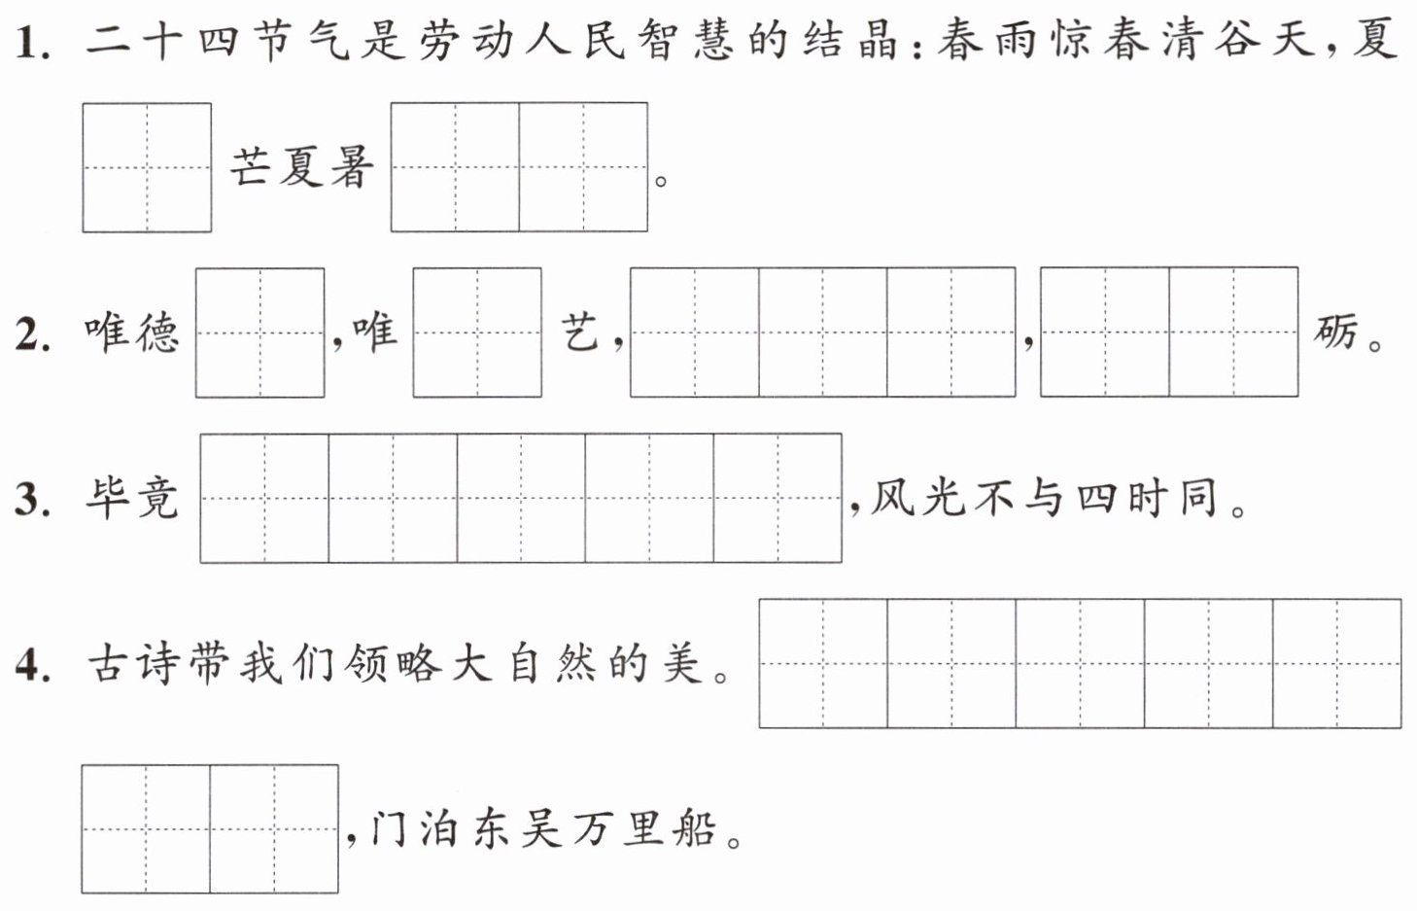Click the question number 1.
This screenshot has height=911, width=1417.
[33, 43]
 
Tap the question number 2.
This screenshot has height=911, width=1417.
[33, 334]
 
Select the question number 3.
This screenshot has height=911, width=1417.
[33, 500]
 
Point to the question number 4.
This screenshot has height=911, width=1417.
[33, 666]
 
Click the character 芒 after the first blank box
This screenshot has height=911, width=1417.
[251, 168]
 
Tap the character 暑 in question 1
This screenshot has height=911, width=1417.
[352, 168]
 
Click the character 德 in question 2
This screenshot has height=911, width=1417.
[158, 333]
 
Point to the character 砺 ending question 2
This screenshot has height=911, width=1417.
[1334, 333]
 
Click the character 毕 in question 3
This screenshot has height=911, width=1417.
[108, 499]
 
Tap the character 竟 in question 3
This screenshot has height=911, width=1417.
[158, 499]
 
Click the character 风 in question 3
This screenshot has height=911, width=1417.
[892, 499]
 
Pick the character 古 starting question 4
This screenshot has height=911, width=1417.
[109, 664]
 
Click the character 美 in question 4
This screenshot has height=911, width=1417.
[683, 664]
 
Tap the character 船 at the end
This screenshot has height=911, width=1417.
[695, 828]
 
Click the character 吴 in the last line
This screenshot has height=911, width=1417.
[541, 828]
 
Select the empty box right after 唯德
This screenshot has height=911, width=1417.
[260, 333]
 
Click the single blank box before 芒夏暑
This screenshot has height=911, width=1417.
[147, 167]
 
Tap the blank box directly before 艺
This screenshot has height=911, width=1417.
[477, 333]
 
